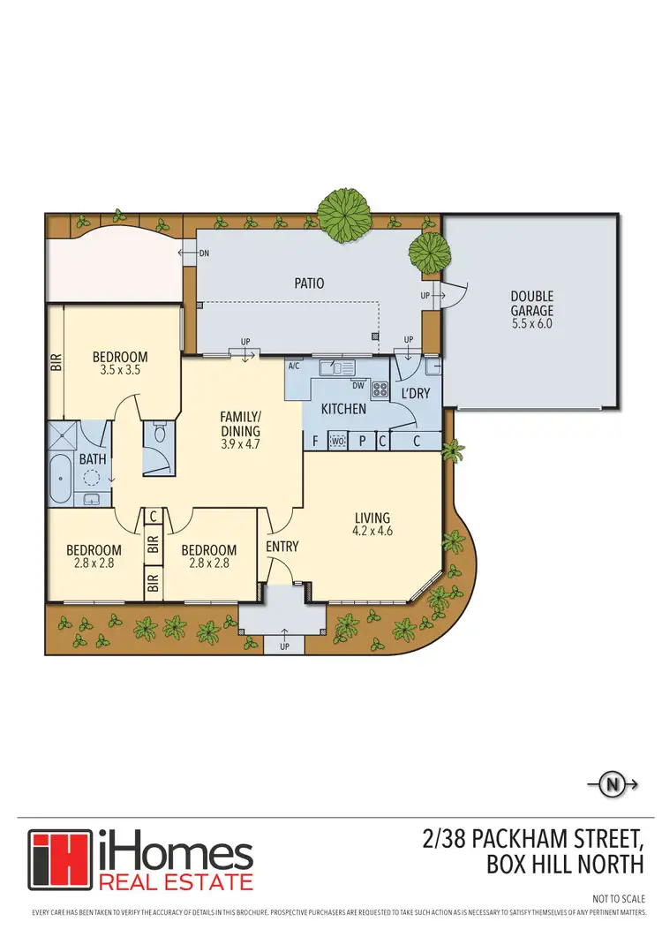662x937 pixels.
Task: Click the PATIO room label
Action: (309, 283)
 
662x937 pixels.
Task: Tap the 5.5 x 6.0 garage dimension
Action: (531, 324)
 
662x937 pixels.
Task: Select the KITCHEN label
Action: (343, 410)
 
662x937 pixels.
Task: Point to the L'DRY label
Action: (416, 393)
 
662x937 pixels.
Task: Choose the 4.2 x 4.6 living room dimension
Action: (372, 532)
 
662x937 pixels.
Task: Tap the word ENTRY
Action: (282, 547)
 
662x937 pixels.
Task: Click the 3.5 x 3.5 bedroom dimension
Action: (120, 371)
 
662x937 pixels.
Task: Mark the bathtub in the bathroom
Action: (60, 480)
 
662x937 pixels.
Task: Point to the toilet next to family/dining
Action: (160, 434)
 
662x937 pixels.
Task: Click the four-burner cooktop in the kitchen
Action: (380, 388)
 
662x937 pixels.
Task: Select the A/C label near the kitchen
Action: (294, 366)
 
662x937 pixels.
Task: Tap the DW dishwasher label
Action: (358, 385)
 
